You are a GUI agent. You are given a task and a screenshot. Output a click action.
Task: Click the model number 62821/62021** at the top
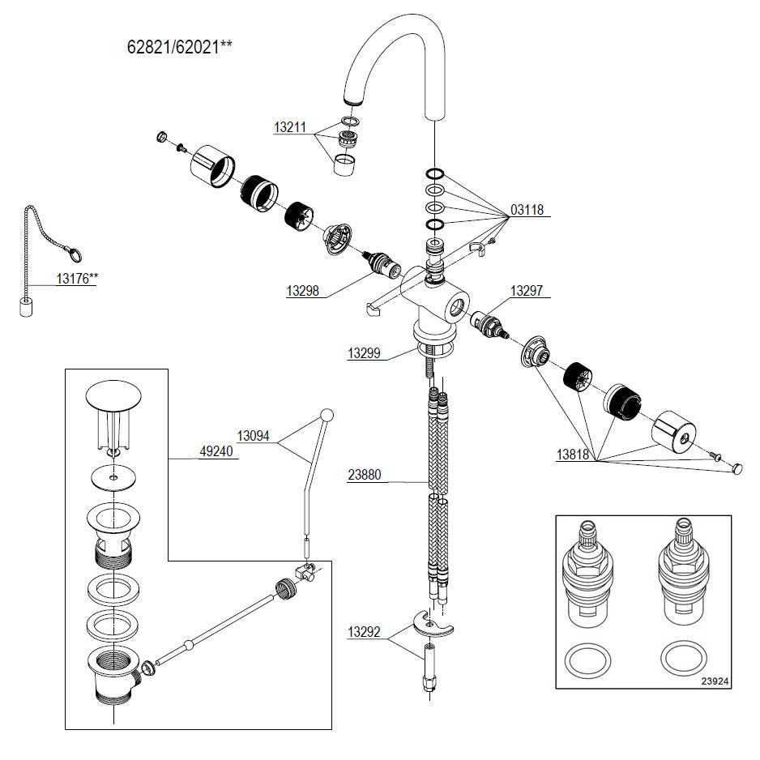(179, 46)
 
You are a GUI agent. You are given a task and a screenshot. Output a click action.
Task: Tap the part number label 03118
(527, 210)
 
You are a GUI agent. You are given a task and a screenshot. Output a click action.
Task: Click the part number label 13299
(366, 353)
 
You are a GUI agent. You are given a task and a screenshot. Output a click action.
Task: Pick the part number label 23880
(366, 476)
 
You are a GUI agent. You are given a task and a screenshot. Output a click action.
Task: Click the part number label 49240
(216, 452)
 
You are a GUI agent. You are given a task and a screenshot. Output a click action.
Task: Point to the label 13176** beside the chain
(76, 278)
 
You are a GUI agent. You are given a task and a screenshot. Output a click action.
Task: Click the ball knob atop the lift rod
(327, 415)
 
